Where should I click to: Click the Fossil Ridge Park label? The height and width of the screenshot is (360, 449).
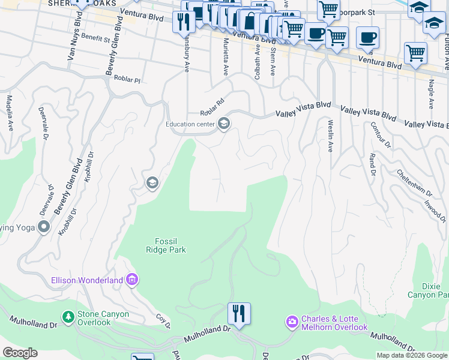(166, 245)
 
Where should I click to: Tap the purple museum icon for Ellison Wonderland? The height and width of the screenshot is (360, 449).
(133, 280)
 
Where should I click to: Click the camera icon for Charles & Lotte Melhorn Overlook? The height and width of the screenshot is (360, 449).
(292, 322)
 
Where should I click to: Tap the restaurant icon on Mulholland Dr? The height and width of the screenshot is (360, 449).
(239, 314)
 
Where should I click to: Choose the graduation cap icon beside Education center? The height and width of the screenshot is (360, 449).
(224, 124)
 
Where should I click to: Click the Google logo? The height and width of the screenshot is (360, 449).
(20, 353)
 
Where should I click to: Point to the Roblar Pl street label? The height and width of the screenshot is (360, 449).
(128, 79)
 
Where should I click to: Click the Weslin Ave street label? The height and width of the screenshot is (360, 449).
(330, 135)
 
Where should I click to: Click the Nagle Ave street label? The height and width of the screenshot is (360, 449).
(431, 95)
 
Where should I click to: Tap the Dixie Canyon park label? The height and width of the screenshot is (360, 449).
(427, 290)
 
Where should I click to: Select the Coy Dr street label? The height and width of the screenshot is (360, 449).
(163, 321)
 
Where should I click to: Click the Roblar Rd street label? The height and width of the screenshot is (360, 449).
(212, 107)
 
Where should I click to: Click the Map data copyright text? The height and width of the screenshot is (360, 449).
(411, 355)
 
